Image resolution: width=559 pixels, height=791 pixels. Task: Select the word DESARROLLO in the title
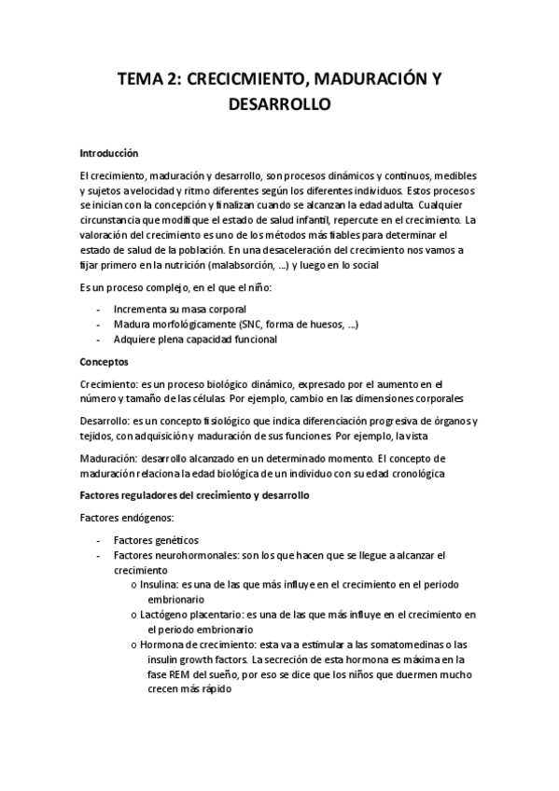coord(279,105)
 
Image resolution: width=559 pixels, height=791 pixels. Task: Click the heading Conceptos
coord(105,361)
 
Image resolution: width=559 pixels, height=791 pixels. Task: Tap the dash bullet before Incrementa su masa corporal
coord(100,307)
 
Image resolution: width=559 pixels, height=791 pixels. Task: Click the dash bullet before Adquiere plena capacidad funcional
coord(100,340)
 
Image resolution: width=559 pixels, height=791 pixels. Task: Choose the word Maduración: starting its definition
coord(110,459)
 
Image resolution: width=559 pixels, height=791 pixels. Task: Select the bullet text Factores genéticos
coord(156,539)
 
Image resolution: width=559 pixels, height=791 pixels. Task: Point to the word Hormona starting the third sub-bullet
coord(169,645)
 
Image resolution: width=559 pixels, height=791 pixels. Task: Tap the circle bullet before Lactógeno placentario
coord(136,616)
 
